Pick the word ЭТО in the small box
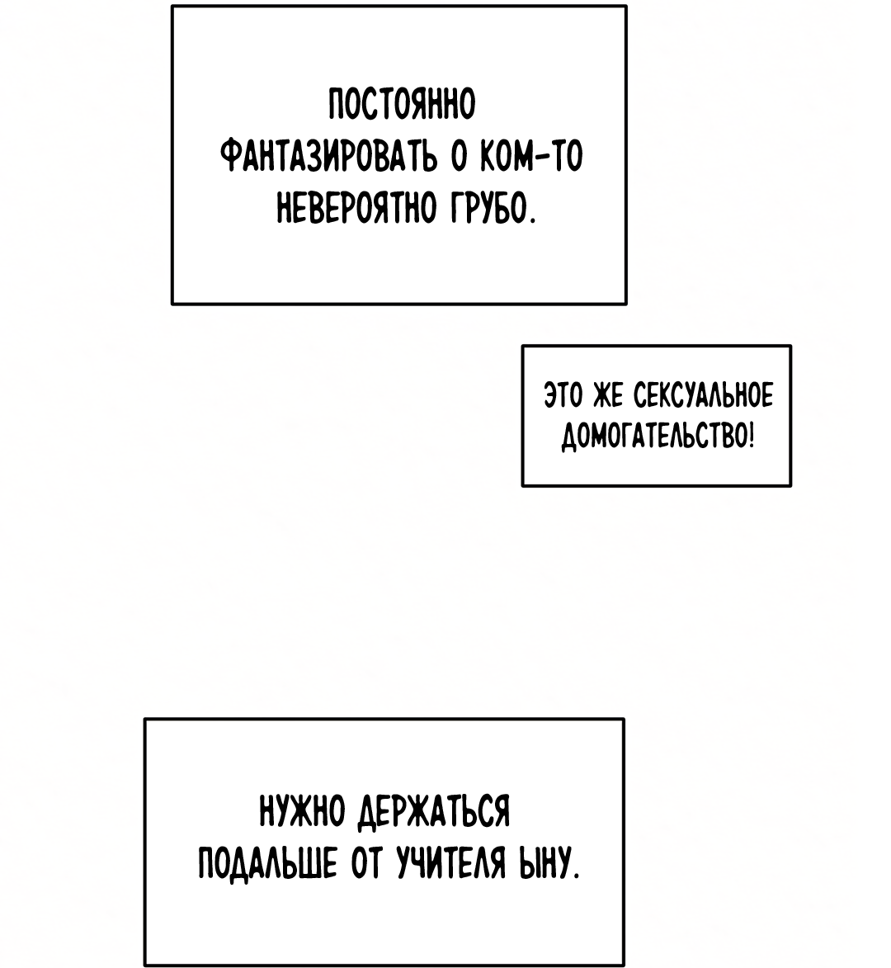563,396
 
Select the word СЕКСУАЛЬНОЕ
703,396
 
